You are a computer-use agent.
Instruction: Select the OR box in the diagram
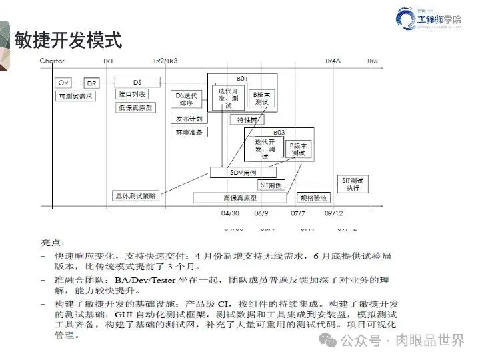(x=63, y=83)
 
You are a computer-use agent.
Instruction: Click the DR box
(x=92, y=83)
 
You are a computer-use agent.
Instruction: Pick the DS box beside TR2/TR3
(x=137, y=82)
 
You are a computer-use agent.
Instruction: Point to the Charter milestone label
(x=52, y=61)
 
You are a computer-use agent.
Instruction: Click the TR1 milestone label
(x=108, y=61)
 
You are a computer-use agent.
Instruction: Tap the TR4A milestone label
(x=333, y=61)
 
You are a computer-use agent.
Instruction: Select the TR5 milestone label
(x=372, y=61)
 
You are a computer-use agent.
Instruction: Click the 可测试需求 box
(x=75, y=96)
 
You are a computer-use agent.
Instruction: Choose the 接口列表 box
(x=131, y=94)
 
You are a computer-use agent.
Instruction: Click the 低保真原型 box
(x=135, y=107)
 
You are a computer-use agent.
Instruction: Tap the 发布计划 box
(x=189, y=119)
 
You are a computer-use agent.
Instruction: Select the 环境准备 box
(x=189, y=132)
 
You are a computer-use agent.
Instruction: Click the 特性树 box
(x=247, y=120)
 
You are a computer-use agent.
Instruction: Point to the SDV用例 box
(x=243, y=173)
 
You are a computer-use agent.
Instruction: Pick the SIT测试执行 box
(x=353, y=184)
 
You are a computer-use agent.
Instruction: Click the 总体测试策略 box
(x=135, y=196)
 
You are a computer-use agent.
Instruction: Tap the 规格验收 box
(x=313, y=198)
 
